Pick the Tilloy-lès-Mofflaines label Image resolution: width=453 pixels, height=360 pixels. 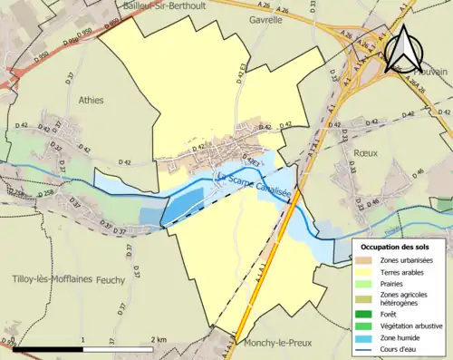pos(53,279)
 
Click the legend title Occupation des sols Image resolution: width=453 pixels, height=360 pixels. pos(399,247)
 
